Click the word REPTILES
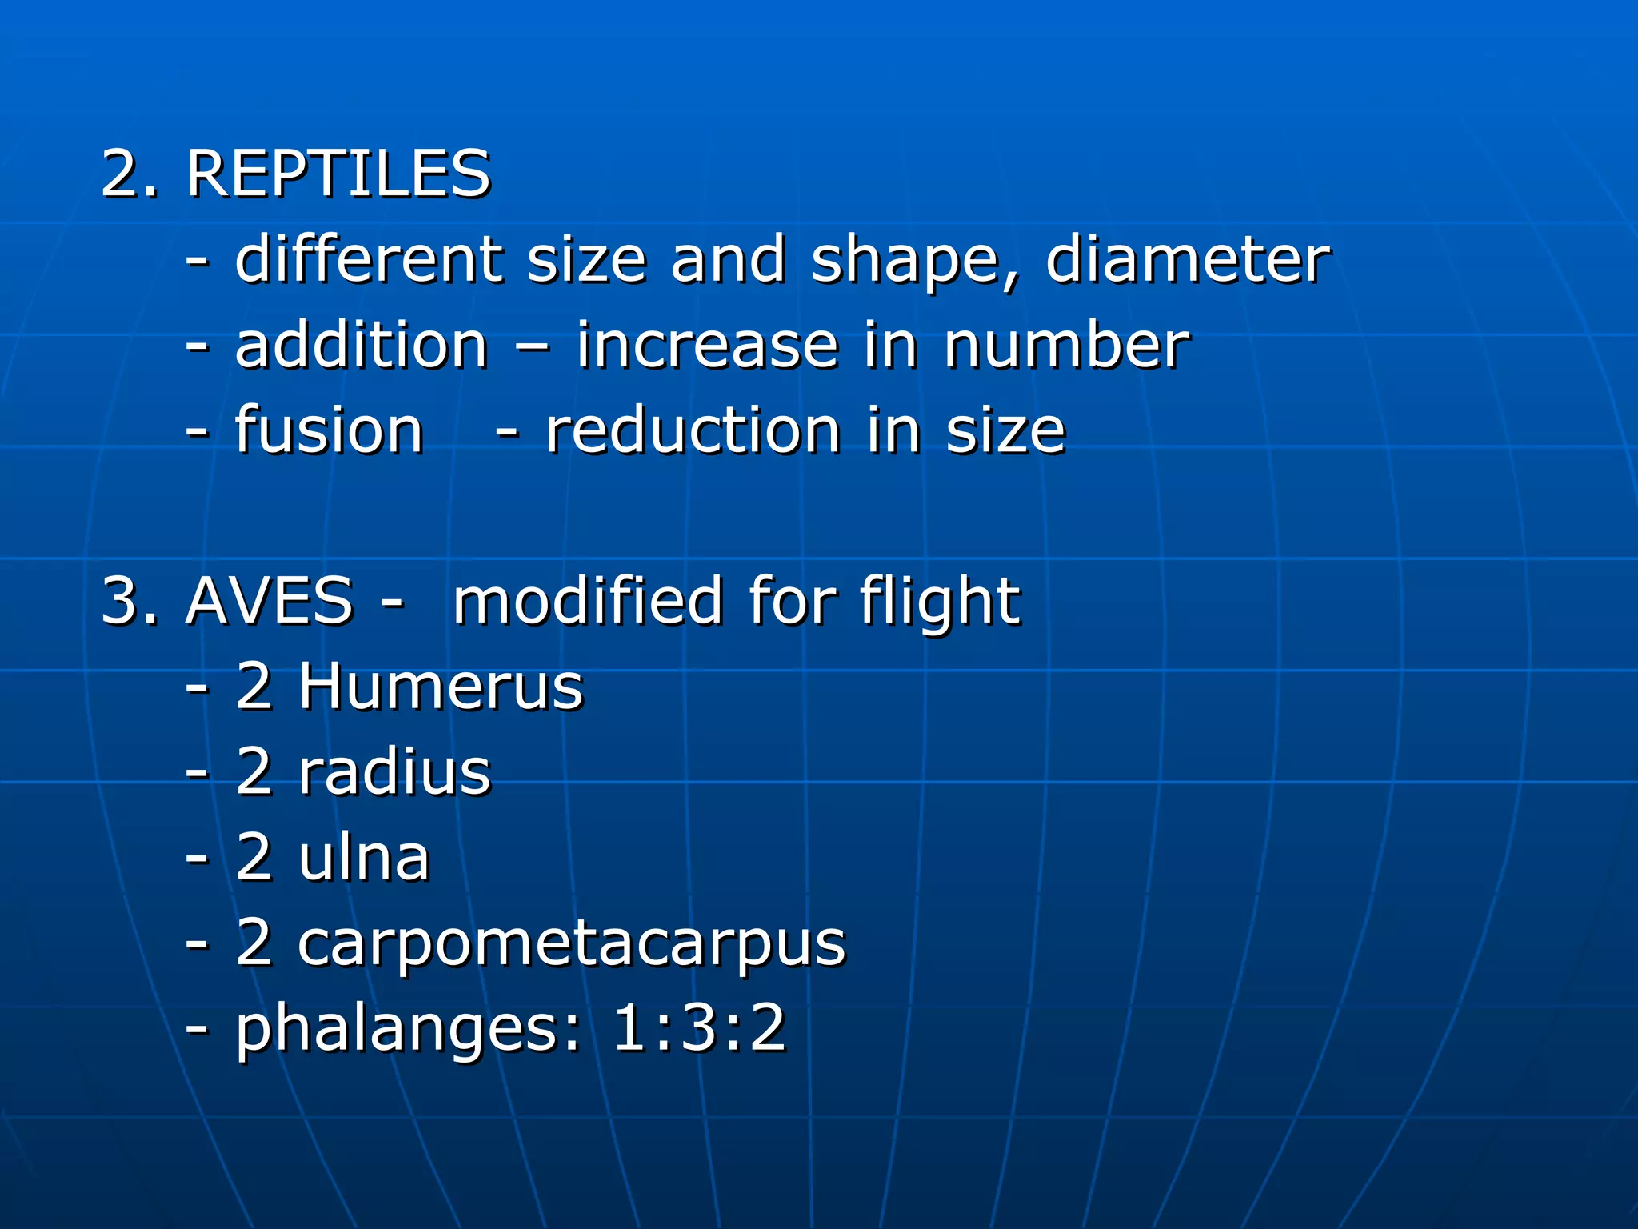pos(338,174)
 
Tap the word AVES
pos(269,601)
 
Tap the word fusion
pos(329,430)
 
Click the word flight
pos(940,602)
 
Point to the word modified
pos(588,601)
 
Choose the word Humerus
pos(441,687)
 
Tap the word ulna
pos(364,858)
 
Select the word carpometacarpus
pos(571,945)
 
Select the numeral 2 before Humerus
pos(254,687)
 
